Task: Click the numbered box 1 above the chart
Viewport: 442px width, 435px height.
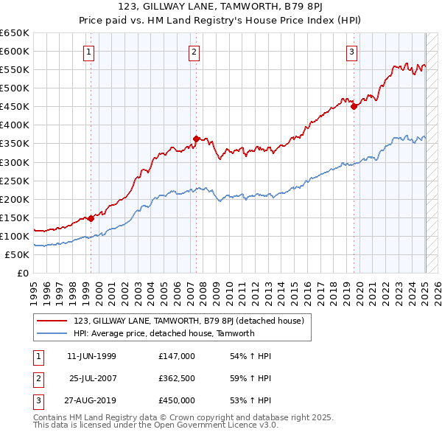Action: [88, 52]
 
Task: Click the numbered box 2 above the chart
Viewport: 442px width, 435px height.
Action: [194, 52]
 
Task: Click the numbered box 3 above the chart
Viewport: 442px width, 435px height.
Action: [352, 52]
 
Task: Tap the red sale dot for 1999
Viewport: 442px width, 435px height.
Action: [91, 218]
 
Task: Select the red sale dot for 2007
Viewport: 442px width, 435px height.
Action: [196, 138]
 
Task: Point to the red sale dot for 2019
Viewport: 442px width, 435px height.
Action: [354, 106]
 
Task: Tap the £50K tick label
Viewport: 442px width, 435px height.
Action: [18, 254]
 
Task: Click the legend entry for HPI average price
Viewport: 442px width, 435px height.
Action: [164, 333]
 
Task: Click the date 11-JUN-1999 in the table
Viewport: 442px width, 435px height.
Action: [91, 356]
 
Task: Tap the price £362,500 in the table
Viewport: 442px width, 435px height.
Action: [177, 378]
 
